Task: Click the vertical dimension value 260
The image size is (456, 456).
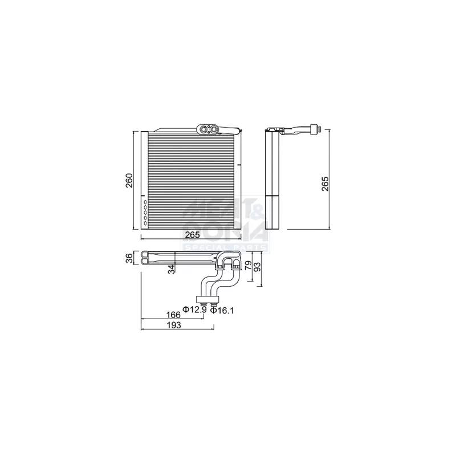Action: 129,180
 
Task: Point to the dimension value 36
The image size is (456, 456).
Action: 129,258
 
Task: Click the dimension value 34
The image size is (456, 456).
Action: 170,269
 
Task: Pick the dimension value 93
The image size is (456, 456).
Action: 258,267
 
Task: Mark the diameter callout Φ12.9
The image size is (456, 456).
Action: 194,310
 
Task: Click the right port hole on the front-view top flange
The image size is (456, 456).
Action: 214,129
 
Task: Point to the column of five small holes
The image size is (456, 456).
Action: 145,212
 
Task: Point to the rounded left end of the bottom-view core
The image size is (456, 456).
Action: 144,258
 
